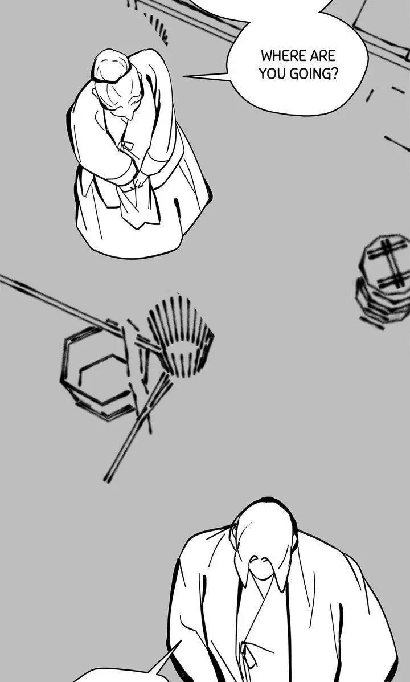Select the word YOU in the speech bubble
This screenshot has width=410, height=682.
[272, 74]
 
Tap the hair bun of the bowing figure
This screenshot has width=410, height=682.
[111, 66]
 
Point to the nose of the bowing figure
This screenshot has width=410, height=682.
[130, 116]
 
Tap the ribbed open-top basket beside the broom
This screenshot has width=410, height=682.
[181, 336]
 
